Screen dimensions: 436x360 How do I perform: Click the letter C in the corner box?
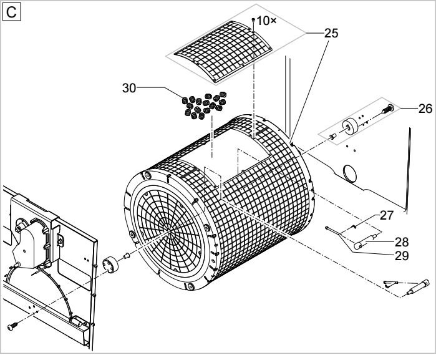[x=11, y=12]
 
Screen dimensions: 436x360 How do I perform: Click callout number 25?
[x=331, y=33]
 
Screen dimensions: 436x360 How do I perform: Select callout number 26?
[x=425, y=109]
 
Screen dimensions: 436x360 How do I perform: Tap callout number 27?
[x=387, y=215]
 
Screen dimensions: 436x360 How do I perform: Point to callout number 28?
[x=402, y=242]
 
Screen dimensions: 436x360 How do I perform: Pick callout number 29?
[x=402, y=256]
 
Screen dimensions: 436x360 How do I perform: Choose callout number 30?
[x=129, y=88]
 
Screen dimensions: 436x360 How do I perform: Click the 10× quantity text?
[x=266, y=21]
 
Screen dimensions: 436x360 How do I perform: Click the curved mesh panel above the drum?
[x=223, y=52]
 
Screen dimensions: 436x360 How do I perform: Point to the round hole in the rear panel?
[x=350, y=173]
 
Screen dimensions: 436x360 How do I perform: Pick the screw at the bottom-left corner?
[x=12, y=326]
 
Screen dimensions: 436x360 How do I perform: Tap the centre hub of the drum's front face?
[x=169, y=229]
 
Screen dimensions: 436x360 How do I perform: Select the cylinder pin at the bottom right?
[x=417, y=287]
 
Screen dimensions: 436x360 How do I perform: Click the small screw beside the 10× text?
[x=253, y=19]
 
